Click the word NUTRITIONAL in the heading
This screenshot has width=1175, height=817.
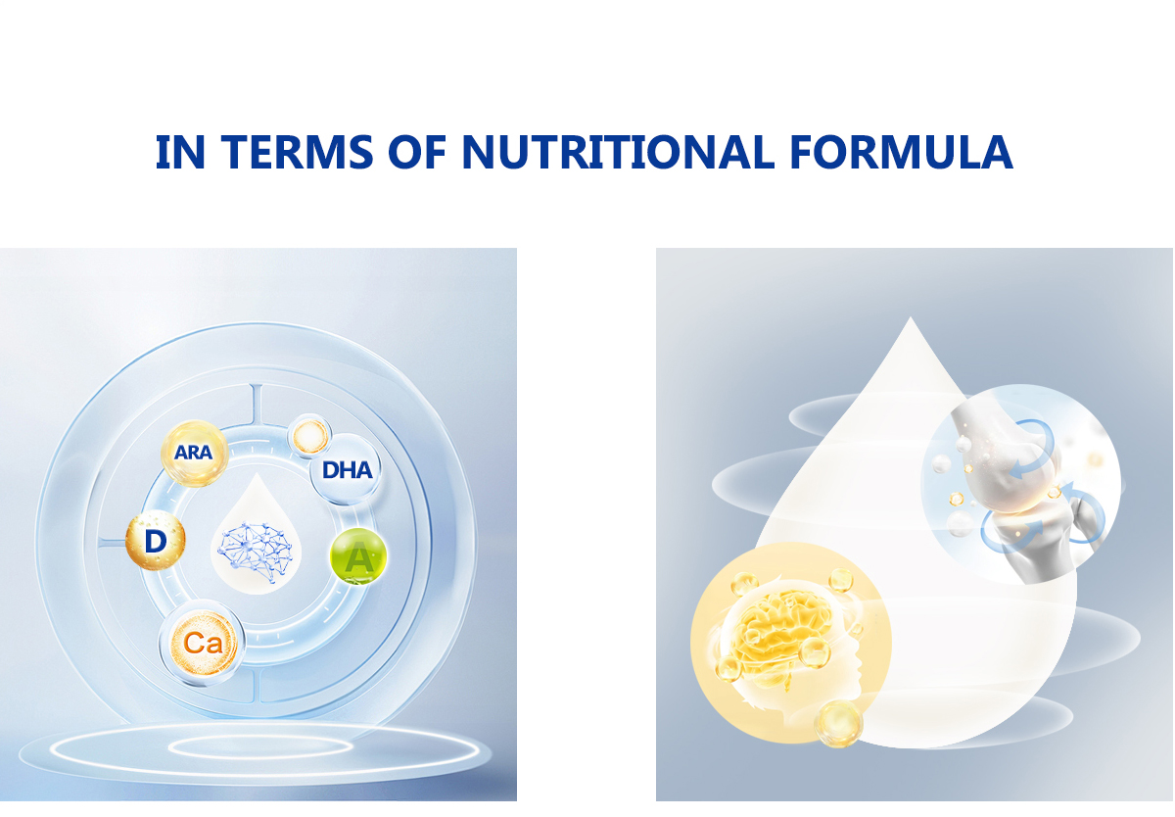[618, 152]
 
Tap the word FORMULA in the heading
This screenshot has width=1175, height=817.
[901, 152]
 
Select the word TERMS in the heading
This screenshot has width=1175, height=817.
[297, 152]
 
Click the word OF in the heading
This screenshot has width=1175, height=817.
[417, 152]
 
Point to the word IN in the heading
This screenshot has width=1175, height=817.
[180, 152]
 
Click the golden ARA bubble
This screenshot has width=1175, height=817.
[195, 454]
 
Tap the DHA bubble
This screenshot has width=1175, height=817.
[346, 469]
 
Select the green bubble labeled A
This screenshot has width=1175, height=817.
[358, 555]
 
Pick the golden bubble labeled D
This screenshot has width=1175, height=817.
[156, 541]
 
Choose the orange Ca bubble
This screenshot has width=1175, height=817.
[203, 643]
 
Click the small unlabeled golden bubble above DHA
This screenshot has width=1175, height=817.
[310, 436]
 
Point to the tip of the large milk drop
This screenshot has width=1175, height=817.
[911, 317]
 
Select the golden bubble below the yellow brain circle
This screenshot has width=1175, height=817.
[838, 723]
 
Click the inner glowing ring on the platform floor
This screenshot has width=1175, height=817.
[260, 747]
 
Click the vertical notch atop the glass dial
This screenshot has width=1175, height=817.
[256, 403]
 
